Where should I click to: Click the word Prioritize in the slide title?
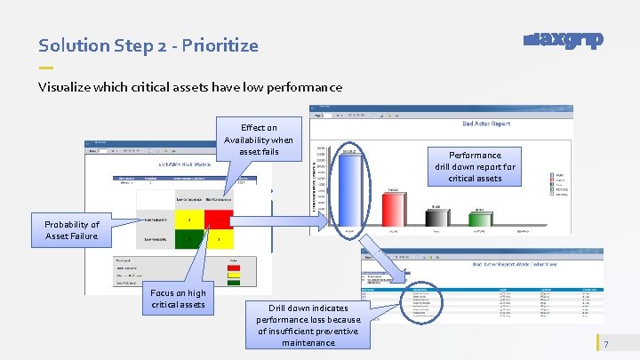tap(221, 45)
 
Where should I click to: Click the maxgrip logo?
tap(564, 40)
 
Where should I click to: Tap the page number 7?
tap(606, 345)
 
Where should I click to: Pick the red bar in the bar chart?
tap(391, 210)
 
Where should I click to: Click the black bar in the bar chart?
tap(435, 220)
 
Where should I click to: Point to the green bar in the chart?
tap(478, 220)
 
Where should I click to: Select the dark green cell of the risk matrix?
tap(188, 240)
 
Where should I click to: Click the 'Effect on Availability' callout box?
tap(259, 140)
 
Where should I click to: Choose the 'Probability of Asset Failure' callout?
tap(72, 230)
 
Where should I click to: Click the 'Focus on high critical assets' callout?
tap(178, 299)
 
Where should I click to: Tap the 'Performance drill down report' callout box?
tap(475, 166)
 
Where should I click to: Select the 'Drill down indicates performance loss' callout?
tap(308, 324)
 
